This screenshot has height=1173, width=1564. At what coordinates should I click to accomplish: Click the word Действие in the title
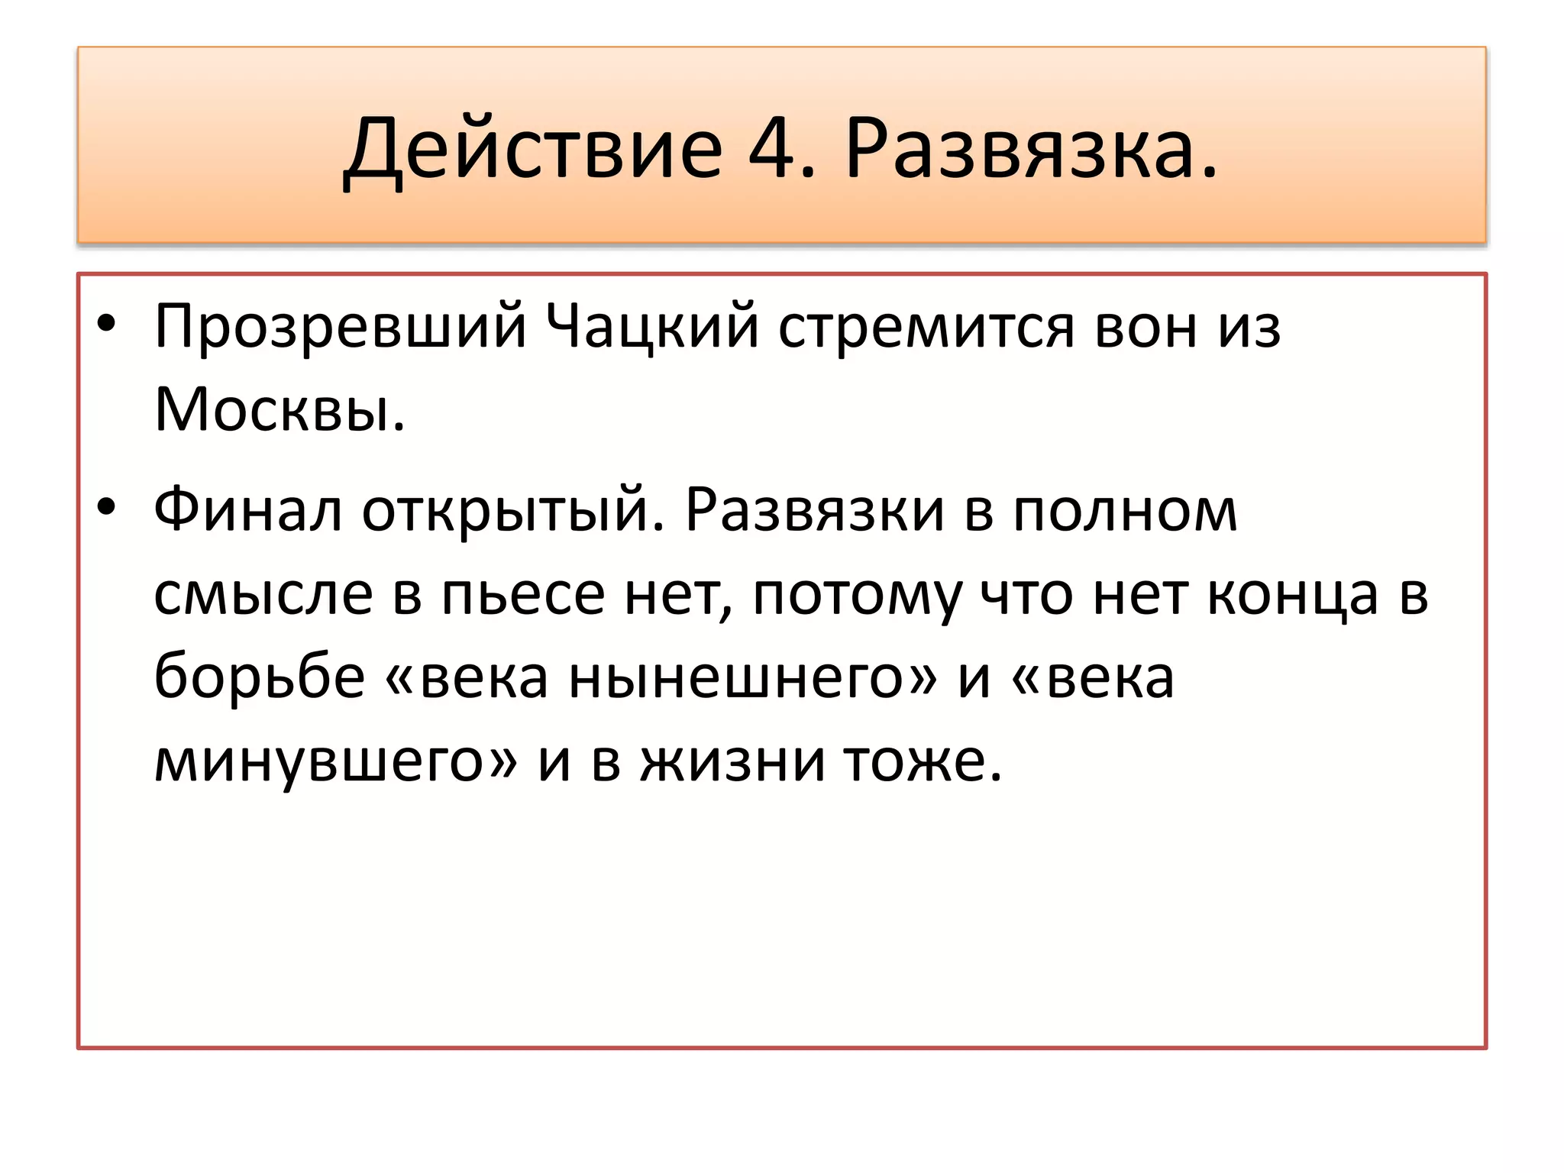533,149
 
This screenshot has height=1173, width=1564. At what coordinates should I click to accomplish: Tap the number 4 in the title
773,149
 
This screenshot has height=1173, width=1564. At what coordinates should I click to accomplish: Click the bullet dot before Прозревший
106,324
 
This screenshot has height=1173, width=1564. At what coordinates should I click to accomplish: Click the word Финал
248,510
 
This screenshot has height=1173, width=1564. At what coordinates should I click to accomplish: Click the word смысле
263,594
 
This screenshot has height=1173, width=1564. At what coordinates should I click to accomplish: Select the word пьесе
523,594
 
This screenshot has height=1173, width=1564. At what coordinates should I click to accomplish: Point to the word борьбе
260,677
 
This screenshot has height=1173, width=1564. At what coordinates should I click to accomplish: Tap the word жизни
733,761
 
